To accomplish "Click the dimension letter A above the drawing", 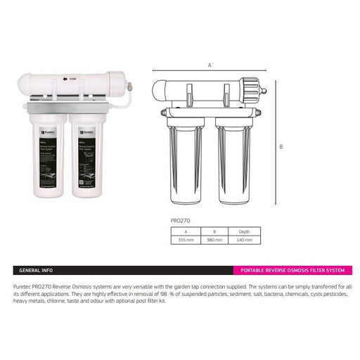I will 210,65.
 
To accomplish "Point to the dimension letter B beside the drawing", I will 281,147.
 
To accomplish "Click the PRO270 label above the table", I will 181,220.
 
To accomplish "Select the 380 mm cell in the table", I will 214,239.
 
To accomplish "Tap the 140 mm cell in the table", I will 244,239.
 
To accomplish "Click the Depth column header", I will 244,230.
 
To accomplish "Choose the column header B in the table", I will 214,230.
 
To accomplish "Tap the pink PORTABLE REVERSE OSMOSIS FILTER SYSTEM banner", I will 292,270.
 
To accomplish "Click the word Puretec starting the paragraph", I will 24,287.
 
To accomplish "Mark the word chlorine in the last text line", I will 58,301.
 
